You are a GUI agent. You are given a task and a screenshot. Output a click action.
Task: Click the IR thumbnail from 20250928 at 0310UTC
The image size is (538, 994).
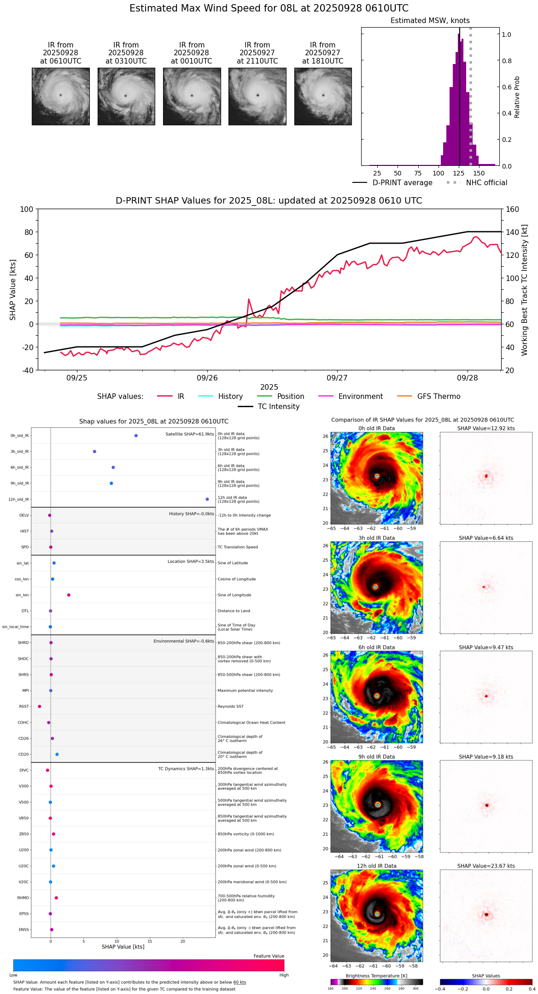click(126, 96)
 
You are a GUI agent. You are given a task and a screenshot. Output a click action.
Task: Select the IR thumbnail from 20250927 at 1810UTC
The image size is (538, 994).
click(323, 96)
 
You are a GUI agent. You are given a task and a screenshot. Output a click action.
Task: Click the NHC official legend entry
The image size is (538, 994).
click(486, 183)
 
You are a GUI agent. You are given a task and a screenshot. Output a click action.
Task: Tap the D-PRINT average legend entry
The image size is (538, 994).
click(402, 183)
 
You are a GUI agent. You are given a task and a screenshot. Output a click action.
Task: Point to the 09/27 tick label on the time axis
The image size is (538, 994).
click(337, 378)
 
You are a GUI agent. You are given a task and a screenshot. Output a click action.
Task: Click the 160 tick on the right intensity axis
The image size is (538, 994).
click(513, 210)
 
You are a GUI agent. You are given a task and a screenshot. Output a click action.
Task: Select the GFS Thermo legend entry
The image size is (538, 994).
click(439, 397)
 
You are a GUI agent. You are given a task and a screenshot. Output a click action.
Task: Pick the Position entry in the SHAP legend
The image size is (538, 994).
click(290, 397)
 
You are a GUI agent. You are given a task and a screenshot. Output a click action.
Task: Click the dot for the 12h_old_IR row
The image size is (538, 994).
click(207, 499)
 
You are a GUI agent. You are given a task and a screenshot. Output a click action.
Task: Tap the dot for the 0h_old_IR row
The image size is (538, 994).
click(136, 436)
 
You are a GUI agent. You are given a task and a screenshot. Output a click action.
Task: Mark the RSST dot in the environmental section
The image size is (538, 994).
click(40, 707)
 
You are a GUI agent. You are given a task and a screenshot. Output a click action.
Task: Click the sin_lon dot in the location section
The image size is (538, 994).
click(69, 595)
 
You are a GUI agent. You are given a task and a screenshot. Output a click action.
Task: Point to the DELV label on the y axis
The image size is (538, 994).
click(24, 515)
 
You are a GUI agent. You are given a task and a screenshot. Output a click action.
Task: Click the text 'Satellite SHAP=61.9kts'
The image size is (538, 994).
click(190, 434)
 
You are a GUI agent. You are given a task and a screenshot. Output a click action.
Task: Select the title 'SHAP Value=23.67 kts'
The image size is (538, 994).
click(486, 866)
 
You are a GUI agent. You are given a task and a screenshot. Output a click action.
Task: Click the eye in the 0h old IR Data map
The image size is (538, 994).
click(377, 476)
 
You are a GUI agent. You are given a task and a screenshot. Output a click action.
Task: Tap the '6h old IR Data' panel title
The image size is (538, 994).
click(377, 647)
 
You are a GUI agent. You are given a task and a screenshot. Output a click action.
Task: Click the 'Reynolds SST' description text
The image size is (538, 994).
click(231, 707)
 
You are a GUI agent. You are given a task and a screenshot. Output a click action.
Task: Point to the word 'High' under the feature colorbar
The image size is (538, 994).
click(284, 975)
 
